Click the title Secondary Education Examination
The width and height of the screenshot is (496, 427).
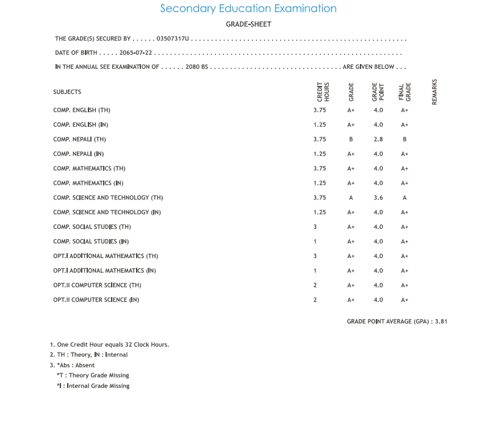point(248,9)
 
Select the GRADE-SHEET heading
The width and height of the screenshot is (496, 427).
point(248,24)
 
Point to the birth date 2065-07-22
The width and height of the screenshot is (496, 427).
point(135,53)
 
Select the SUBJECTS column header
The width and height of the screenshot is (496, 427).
point(67,92)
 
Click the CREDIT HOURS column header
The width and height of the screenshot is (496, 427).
point(323,92)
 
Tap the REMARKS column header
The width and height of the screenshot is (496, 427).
point(435,92)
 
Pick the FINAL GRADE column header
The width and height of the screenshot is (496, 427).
point(404,92)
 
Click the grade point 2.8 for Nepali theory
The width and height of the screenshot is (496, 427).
point(378,139)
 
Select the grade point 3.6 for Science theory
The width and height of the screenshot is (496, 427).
point(378,198)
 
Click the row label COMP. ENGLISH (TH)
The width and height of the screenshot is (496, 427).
point(82,110)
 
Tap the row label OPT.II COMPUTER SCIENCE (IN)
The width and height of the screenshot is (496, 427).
point(96,300)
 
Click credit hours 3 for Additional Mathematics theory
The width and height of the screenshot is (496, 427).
point(315,256)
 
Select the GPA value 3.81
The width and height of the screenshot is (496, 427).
point(441,321)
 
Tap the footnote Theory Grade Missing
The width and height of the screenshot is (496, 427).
point(93,376)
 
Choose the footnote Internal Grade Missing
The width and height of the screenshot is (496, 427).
point(93,386)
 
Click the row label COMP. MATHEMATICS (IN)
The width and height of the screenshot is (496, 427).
point(88,183)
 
